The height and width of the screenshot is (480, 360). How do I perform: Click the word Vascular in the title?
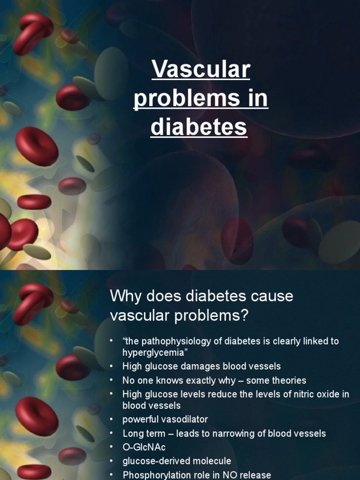pyautogui.click(x=201, y=70)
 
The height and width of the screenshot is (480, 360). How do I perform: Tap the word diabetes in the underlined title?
pyautogui.click(x=199, y=127)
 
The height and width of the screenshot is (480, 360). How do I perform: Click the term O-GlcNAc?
pyautogui.click(x=144, y=447)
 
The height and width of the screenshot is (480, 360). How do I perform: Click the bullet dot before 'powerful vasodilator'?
pyautogui.click(x=112, y=419)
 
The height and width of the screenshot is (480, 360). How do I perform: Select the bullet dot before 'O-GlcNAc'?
pyautogui.click(x=112, y=447)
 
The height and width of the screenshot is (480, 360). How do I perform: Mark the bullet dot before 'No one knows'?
pyautogui.click(x=112, y=380)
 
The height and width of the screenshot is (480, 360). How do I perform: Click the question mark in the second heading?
pyautogui.click(x=242, y=316)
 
